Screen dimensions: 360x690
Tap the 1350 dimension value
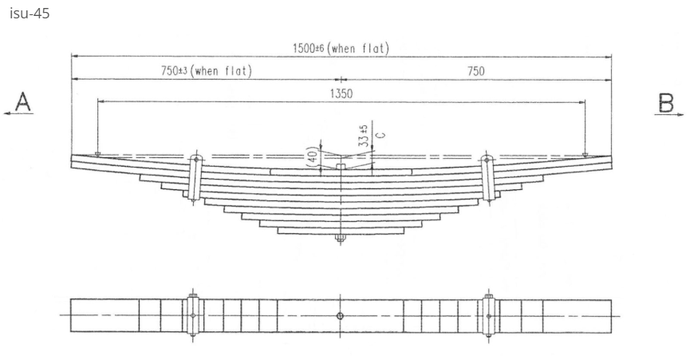coord(341,93)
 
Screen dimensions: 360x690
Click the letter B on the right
coord(666,101)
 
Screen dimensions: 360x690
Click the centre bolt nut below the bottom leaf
coord(341,238)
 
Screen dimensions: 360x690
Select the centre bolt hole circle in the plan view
coord(341,316)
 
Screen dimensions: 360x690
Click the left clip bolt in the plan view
coord(193,316)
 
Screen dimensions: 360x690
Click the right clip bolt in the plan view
coord(488,316)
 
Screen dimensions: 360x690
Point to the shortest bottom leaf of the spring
coord(341,231)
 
